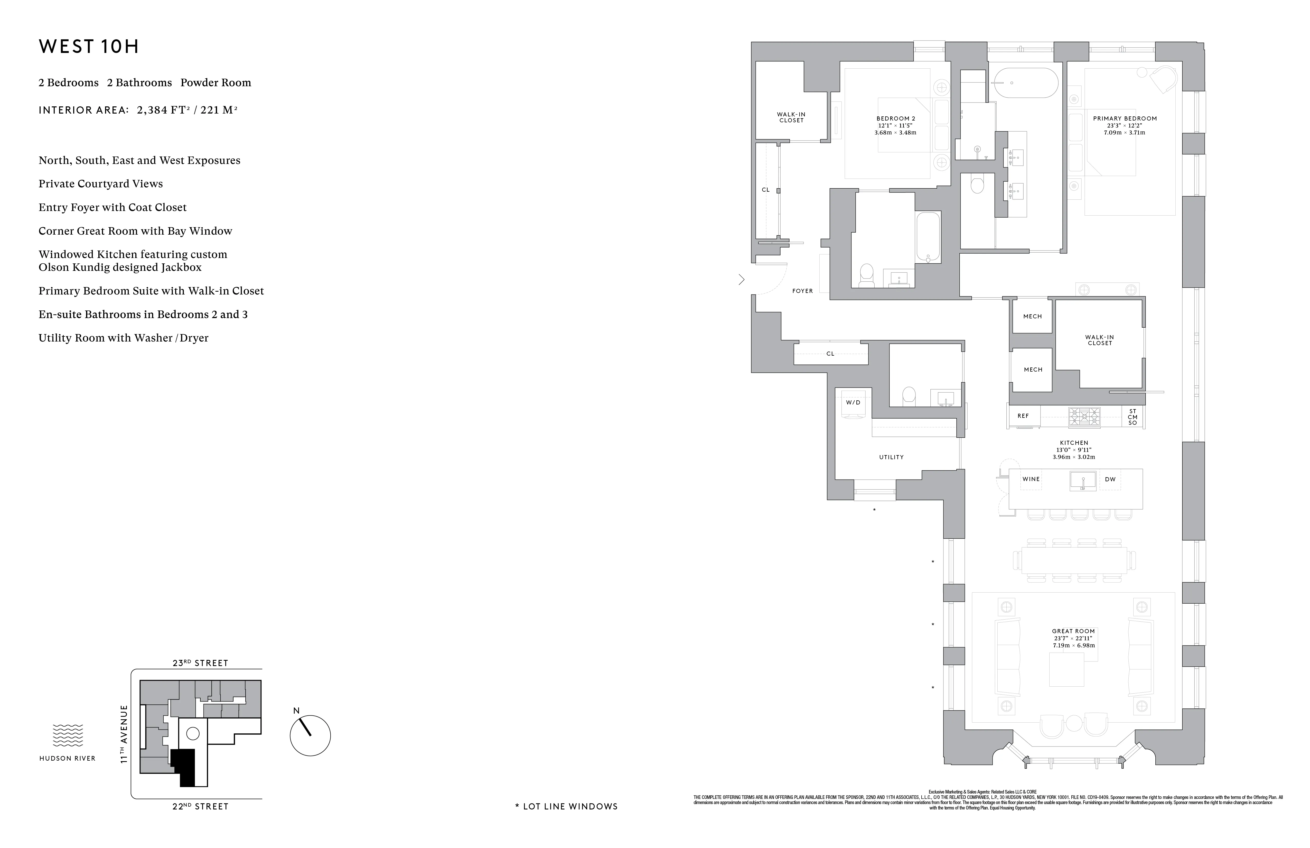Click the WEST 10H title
tap(89, 47)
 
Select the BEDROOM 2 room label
tap(895, 118)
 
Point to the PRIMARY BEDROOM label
tap(1125, 118)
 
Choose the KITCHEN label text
tap(1074, 443)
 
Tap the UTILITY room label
tap(891, 457)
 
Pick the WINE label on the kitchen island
tap(1031, 479)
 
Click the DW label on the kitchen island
tap(1110, 479)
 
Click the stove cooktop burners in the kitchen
tap(1084, 417)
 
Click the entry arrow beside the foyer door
tap(741, 280)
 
